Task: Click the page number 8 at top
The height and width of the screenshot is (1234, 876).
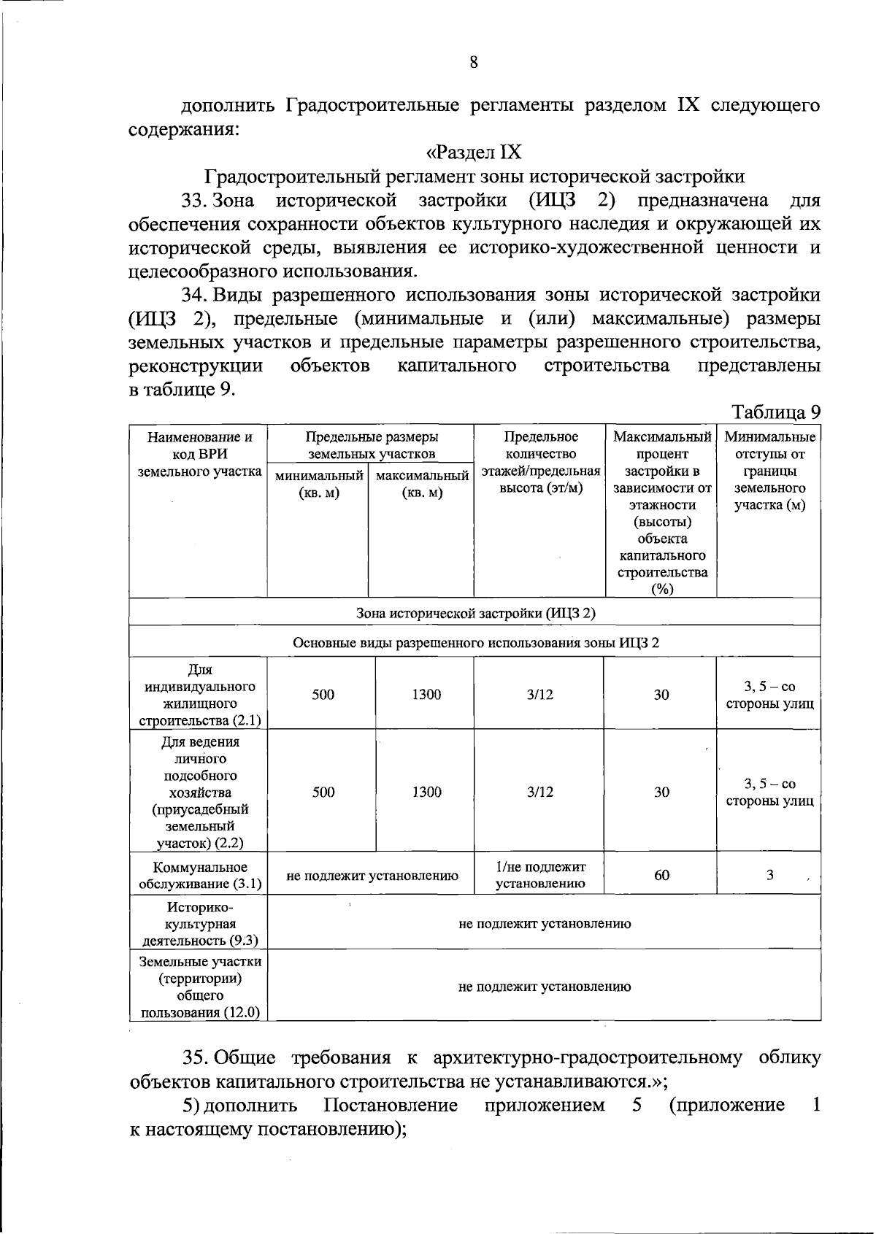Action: [473, 63]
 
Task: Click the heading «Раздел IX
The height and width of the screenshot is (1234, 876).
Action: [474, 152]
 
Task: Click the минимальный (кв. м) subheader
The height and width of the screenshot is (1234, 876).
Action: [319, 485]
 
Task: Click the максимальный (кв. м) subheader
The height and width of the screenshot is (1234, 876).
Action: [422, 485]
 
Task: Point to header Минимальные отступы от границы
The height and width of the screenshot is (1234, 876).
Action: [769, 471]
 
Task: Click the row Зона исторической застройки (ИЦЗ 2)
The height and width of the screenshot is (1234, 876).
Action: [475, 613]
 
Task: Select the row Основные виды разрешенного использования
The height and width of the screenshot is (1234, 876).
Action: [475, 643]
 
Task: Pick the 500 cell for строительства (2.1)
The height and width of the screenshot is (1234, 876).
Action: [323, 695]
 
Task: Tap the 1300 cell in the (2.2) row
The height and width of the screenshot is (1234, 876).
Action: [426, 792]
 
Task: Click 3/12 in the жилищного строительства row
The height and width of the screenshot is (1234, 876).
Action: [540, 695]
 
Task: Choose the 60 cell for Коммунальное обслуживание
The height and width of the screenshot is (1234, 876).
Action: [661, 875]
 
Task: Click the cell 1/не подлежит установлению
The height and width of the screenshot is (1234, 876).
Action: [540, 875]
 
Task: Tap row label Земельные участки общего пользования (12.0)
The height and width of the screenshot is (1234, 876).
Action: [199, 987]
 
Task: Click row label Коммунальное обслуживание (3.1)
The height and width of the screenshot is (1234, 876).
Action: [199, 876]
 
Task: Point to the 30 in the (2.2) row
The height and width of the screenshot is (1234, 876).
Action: [661, 792]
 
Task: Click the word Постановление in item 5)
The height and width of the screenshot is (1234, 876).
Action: [391, 1106]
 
